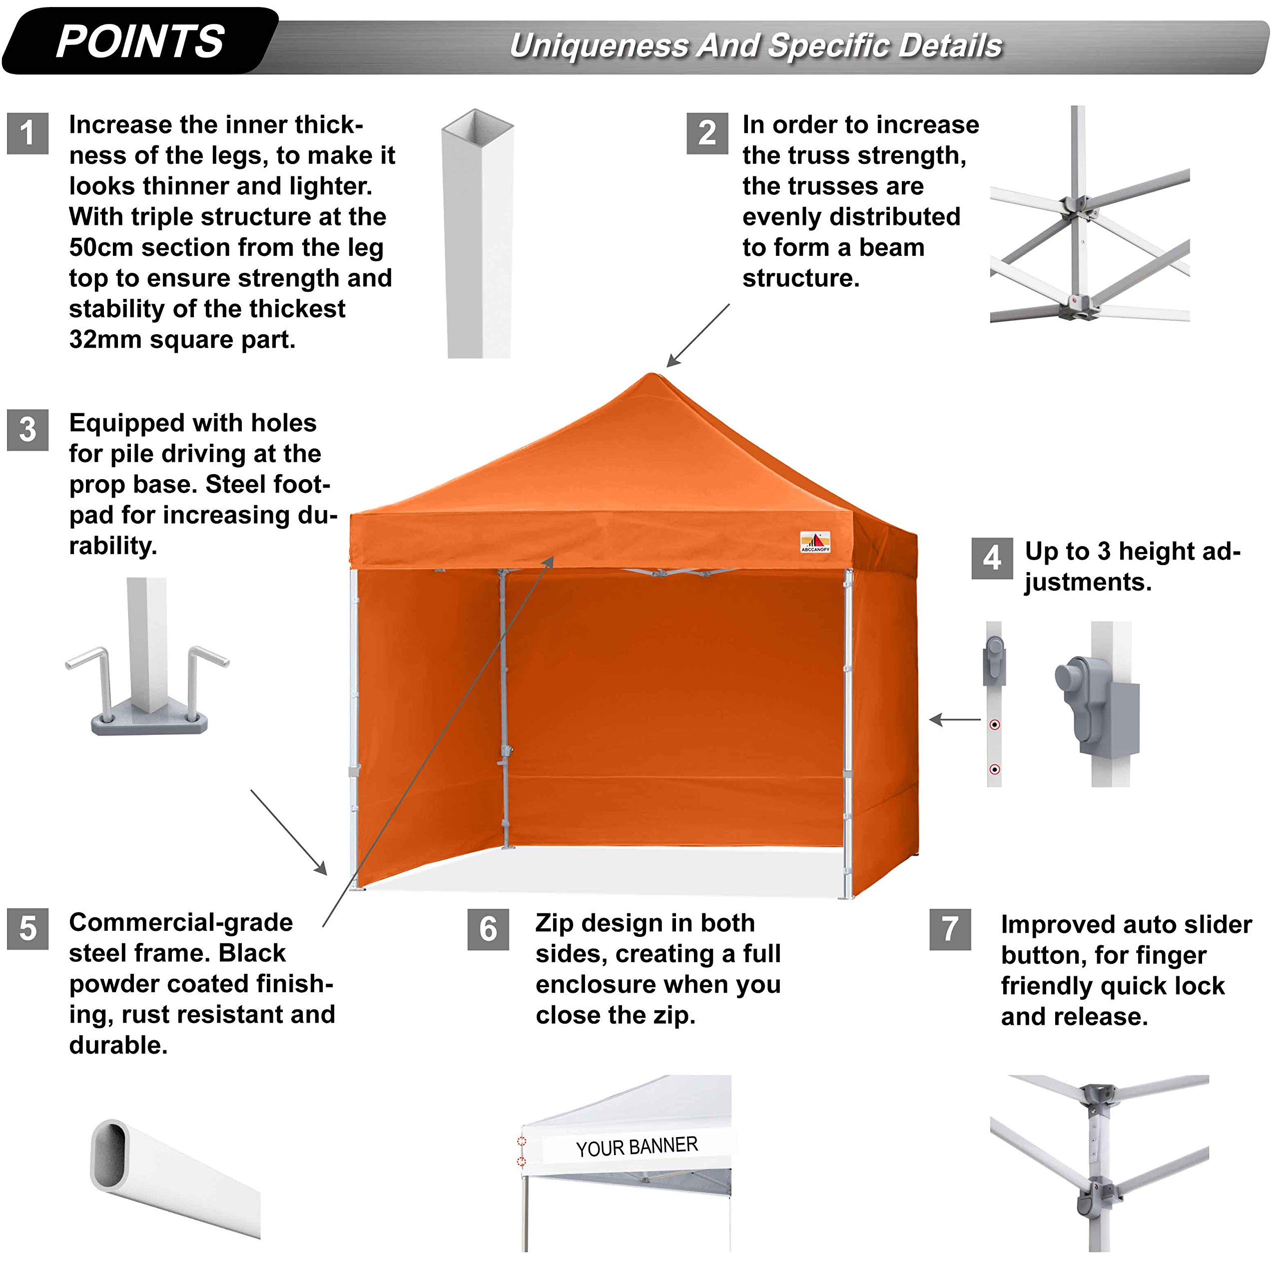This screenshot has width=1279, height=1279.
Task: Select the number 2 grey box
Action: [x=707, y=133]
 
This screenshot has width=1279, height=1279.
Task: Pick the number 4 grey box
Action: [x=992, y=558]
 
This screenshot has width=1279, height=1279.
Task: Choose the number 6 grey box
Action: [x=488, y=929]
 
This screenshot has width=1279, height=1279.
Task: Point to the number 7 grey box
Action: [x=950, y=929]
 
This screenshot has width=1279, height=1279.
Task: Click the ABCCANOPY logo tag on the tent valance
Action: [x=815, y=542]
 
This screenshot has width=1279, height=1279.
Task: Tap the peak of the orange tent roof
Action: [x=651, y=376]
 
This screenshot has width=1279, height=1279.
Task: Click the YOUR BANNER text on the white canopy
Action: [x=637, y=1147]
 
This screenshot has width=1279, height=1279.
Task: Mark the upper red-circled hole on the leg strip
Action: [x=994, y=725]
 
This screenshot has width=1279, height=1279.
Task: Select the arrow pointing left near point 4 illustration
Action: [x=955, y=719]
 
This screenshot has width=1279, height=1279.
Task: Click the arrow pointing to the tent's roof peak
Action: [x=698, y=335]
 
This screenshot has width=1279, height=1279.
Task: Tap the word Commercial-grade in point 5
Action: [x=181, y=922]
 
